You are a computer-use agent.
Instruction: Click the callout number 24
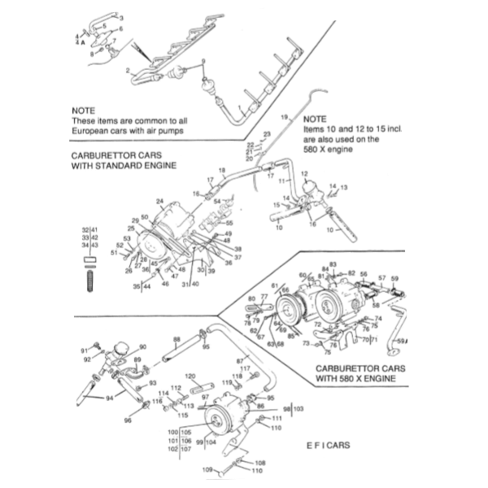tap(160, 201)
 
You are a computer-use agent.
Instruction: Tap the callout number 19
tap(285, 118)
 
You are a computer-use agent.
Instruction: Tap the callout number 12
tap(304, 173)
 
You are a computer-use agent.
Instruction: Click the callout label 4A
tap(80, 42)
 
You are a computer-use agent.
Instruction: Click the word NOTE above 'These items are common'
tap(84, 109)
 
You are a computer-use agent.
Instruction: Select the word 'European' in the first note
tap(94, 130)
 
